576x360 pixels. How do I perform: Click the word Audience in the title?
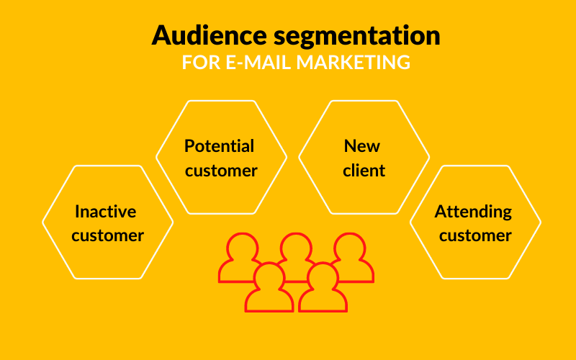(209, 35)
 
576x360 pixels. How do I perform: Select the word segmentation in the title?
(356, 37)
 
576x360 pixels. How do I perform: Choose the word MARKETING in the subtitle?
(354, 62)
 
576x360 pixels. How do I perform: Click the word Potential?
(219, 146)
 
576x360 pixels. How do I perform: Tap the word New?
(362, 146)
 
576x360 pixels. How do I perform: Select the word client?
(364, 171)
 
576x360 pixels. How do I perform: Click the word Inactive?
(105, 211)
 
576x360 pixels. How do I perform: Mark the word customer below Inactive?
(107, 236)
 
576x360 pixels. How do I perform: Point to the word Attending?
(473, 212)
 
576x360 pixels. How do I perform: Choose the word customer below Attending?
(475, 236)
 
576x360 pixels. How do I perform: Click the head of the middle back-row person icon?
(296, 247)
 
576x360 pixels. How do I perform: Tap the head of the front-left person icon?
(269, 276)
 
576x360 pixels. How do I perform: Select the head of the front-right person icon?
(323, 276)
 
